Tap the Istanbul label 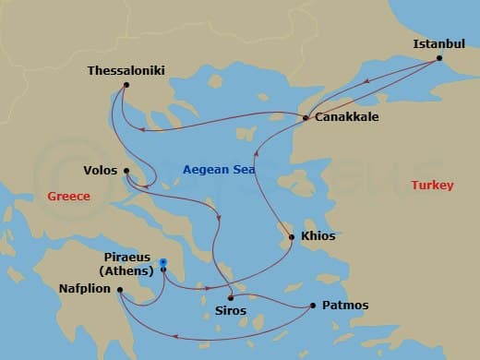click(x=438, y=43)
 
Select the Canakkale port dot click(x=306, y=118)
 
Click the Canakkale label click(x=346, y=118)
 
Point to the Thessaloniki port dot click(x=126, y=87)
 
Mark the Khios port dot click(x=292, y=237)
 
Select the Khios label click(x=318, y=237)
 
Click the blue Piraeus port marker click(x=163, y=263)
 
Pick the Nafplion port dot click(x=121, y=290)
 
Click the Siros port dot click(x=229, y=297)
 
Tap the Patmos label click(x=346, y=306)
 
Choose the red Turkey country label click(x=432, y=186)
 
